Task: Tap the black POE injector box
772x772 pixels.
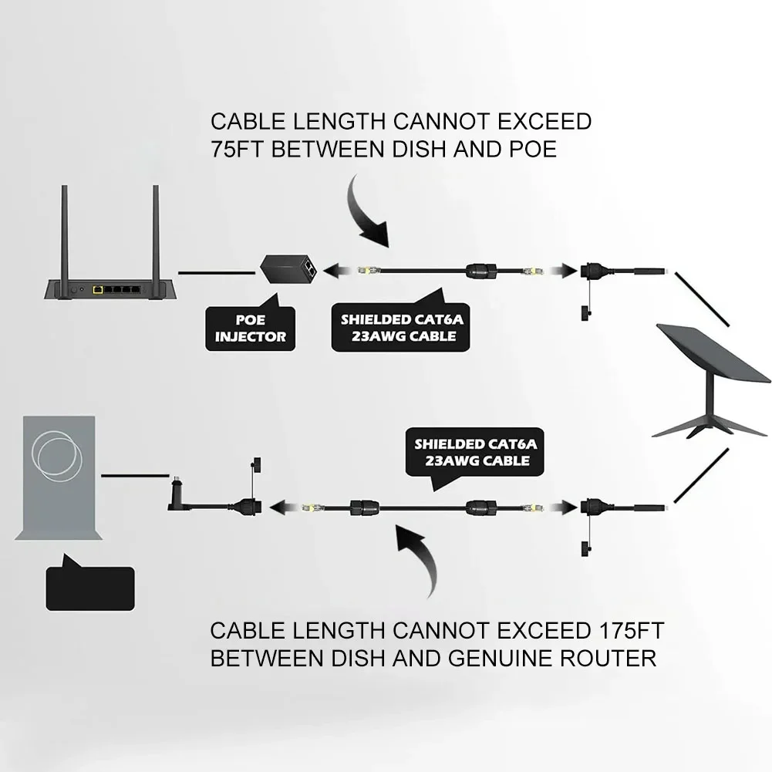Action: point(288,269)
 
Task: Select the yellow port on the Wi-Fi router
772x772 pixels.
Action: point(98,289)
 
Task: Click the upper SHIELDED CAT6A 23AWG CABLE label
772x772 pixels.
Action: point(401,326)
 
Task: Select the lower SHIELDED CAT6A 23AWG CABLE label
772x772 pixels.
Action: point(474,453)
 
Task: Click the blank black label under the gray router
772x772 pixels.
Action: point(90,586)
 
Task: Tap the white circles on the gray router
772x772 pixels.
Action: point(57,456)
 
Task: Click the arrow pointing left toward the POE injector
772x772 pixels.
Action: point(337,270)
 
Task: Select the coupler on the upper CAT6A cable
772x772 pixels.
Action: point(482,270)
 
